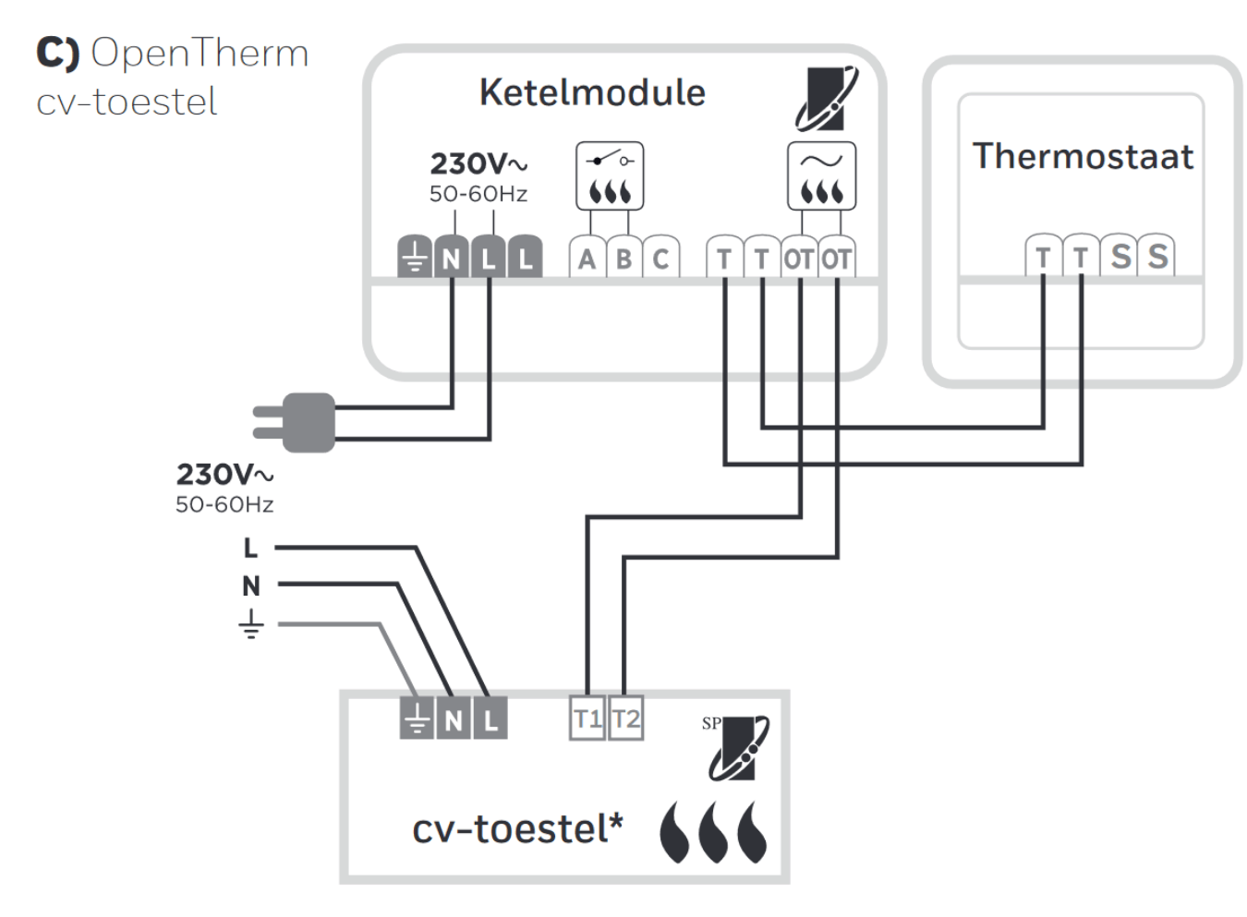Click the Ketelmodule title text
[592, 92]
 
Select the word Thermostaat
[1083, 156]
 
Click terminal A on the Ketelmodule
[587, 259]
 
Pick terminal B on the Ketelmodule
[623, 259]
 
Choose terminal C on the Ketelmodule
[660, 259]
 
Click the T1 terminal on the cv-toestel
[587, 718]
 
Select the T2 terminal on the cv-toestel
[625, 718]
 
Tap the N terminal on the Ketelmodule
[452, 259]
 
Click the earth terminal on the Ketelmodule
[415, 259]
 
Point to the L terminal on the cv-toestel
[490, 718]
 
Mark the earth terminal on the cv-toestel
[417, 718]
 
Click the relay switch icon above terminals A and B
[610, 175]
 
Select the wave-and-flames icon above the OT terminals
[821, 175]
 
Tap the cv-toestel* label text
[517, 828]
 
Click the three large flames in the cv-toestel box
[713, 831]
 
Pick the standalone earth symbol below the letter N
[250, 625]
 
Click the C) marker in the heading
[57, 53]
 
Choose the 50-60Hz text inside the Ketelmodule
[478, 194]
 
